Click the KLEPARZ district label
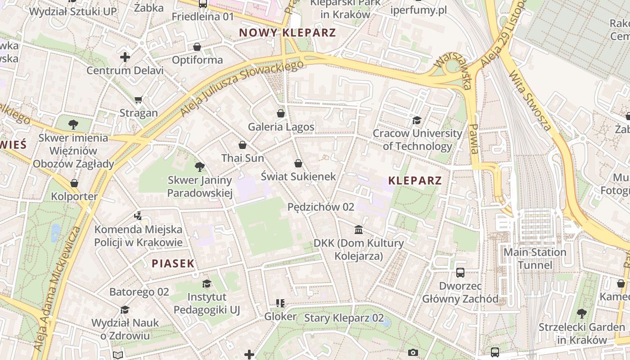(415, 181)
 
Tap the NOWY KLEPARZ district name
(288, 33)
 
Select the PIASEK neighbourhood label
(173, 264)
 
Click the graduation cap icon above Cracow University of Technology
(417, 121)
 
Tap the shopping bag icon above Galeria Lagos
(281, 113)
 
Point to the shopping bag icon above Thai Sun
(243, 145)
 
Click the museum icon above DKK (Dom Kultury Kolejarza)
(359, 230)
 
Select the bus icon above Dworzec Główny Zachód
(460, 273)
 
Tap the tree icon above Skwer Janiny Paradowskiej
(200, 167)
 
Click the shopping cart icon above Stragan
(139, 99)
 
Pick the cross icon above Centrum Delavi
(125, 57)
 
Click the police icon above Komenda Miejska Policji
(138, 216)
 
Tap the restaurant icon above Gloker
(280, 303)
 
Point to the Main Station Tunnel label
(535, 258)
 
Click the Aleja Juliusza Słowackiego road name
(242, 88)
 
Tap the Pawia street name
(473, 139)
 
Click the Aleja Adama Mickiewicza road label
(58, 288)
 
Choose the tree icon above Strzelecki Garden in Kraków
(581, 313)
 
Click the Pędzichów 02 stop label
(321, 207)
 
